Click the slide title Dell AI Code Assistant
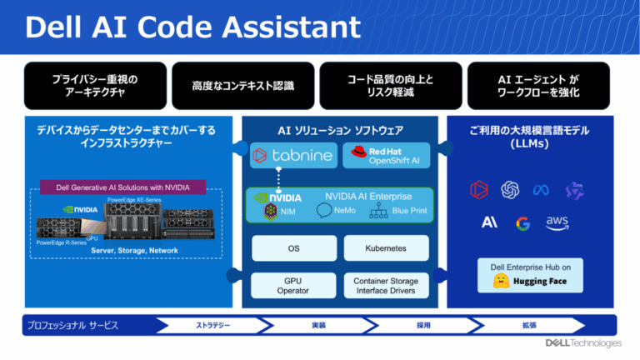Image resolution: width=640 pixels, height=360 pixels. [x=192, y=27]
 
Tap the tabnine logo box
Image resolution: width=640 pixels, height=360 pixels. [x=293, y=155]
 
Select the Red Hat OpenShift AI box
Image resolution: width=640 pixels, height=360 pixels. [x=387, y=155]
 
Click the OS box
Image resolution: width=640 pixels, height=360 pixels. [x=293, y=247]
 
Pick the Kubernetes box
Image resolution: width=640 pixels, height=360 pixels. [x=386, y=247]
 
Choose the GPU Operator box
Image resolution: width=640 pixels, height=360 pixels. [x=293, y=286]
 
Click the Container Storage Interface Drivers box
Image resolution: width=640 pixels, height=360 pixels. [x=386, y=286]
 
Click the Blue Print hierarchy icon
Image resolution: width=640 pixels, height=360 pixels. [x=379, y=212]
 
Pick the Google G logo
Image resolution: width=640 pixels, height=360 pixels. [x=522, y=222]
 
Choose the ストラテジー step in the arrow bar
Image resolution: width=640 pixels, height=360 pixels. [x=213, y=325]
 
